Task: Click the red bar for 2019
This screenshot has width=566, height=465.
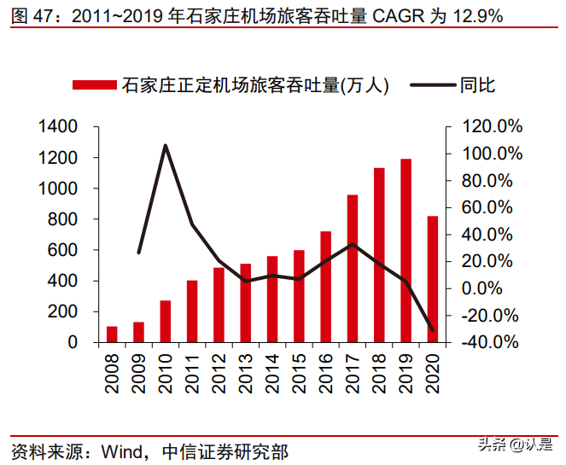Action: (x=406, y=251)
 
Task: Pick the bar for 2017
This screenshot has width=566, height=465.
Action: (x=353, y=269)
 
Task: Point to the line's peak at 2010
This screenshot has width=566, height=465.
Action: (x=165, y=145)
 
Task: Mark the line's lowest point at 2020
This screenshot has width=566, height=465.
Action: (x=433, y=330)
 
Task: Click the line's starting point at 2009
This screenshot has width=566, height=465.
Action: (x=138, y=253)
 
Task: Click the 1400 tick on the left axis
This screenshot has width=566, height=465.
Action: (x=58, y=127)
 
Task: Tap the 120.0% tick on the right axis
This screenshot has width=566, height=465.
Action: (x=493, y=127)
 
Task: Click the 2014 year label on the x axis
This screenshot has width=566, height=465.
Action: (x=272, y=375)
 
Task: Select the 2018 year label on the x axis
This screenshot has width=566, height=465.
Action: (x=379, y=375)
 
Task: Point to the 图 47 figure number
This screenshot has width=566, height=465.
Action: (x=24, y=15)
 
